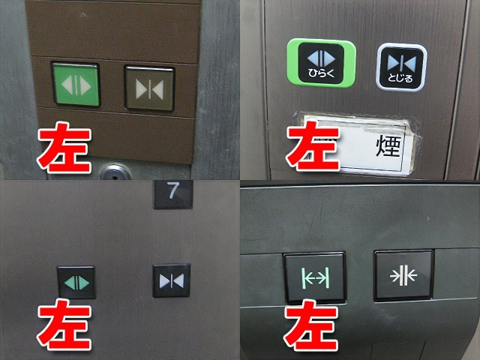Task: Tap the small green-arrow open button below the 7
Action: (76, 282)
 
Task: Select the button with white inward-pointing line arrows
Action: (403, 275)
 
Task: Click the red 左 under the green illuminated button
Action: (65, 145)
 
